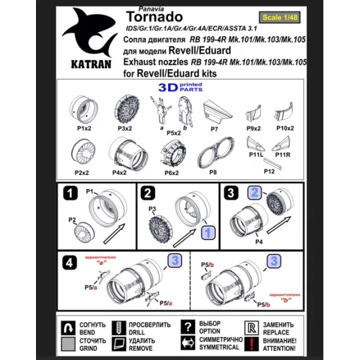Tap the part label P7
pyautogui.click(x=213, y=129)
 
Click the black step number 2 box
pyautogui.click(x=149, y=193)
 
